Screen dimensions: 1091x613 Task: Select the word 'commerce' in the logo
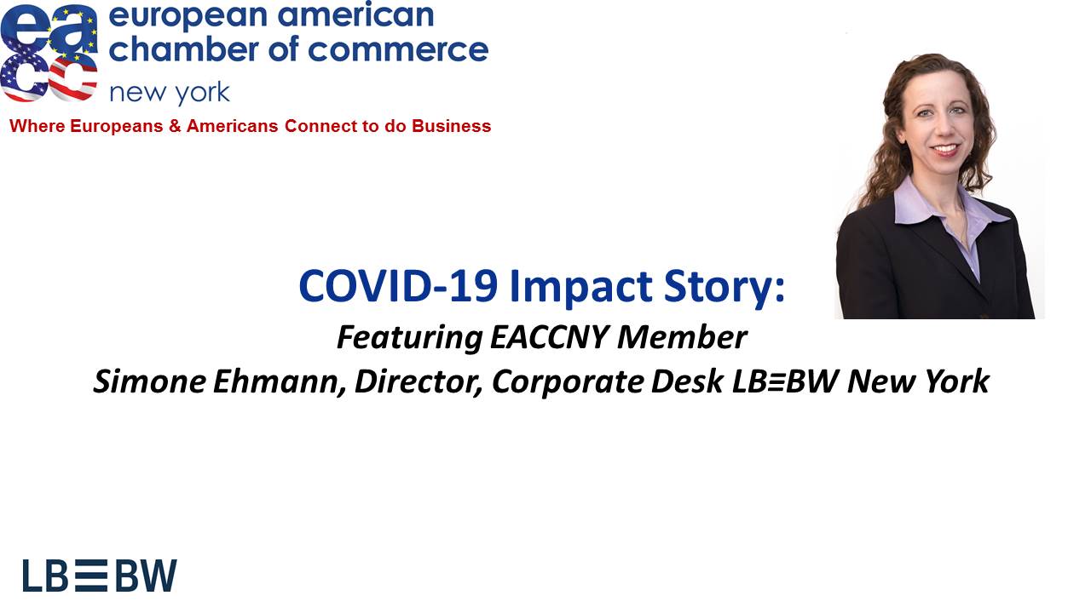coord(398,50)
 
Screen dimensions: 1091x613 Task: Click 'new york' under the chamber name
coord(170,93)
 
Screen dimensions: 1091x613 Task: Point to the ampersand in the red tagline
coord(175,126)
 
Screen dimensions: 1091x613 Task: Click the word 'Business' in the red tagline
coord(451,126)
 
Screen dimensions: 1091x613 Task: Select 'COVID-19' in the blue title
coord(398,286)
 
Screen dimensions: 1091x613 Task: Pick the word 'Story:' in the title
coord(724,288)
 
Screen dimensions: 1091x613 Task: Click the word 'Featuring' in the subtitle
coord(410,338)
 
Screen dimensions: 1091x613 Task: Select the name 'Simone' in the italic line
coord(149,381)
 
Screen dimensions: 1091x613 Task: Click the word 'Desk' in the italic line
coord(687,381)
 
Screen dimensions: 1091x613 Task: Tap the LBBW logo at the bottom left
coord(100,576)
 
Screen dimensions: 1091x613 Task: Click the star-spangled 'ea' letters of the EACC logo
coord(49,29)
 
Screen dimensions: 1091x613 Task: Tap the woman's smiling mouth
coord(945,149)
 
